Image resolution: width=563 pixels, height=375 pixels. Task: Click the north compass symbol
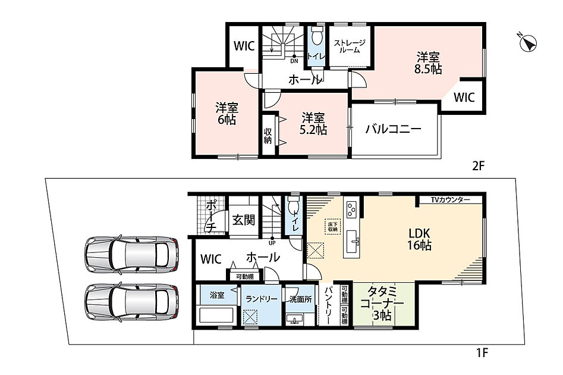[528, 43]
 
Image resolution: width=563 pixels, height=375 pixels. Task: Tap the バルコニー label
[394, 129]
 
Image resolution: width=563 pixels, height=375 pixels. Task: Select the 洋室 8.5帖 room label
[428, 63]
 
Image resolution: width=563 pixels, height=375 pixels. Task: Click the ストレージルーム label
[350, 47]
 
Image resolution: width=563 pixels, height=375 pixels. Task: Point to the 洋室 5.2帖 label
[313, 124]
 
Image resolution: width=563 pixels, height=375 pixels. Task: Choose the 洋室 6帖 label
[227, 114]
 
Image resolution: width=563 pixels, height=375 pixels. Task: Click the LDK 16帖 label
[419, 239]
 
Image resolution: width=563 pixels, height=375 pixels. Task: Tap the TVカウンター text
[450, 199]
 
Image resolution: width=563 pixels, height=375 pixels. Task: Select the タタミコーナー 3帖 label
[382, 303]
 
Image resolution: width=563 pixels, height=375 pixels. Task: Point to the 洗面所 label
[301, 299]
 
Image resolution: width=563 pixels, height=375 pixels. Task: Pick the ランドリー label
[262, 299]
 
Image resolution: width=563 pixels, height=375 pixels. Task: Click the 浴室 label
[217, 295]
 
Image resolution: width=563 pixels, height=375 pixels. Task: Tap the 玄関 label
[243, 220]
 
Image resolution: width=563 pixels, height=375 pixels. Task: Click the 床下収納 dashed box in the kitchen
[332, 227]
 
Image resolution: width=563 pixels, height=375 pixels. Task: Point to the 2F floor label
[478, 165]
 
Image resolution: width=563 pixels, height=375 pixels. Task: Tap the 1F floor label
[482, 353]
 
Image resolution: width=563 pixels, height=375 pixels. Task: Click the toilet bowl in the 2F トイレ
[316, 36]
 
